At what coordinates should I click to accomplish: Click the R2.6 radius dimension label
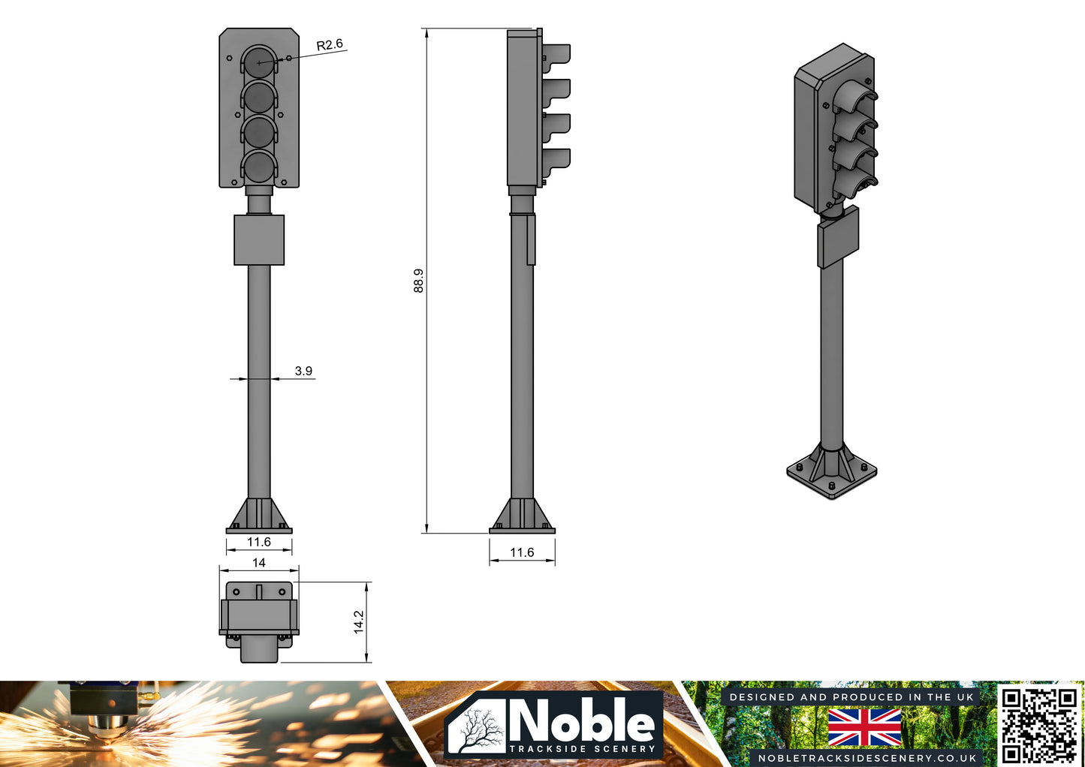[x=330, y=45]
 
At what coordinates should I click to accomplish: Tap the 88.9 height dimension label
[x=418, y=281]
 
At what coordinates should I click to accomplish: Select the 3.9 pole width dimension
[x=303, y=371]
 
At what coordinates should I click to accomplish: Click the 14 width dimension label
[x=259, y=562]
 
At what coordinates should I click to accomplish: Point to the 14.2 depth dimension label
[x=358, y=621]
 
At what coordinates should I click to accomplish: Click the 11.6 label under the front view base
[x=259, y=542]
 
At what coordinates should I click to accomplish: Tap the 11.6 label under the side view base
[x=522, y=552]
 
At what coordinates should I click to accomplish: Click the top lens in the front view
[x=259, y=62]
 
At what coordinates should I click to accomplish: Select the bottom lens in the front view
[x=259, y=167]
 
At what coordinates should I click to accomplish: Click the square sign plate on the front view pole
[x=259, y=240]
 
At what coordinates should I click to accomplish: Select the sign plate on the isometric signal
[x=838, y=236]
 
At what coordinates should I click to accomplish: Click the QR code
[x=1040, y=725]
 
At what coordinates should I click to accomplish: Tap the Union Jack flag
[x=864, y=727]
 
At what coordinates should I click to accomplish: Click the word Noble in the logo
[x=582, y=721]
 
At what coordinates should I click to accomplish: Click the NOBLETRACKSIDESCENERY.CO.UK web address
[x=865, y=757]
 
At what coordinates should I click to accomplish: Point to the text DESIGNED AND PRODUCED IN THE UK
[x=851, y=697]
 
